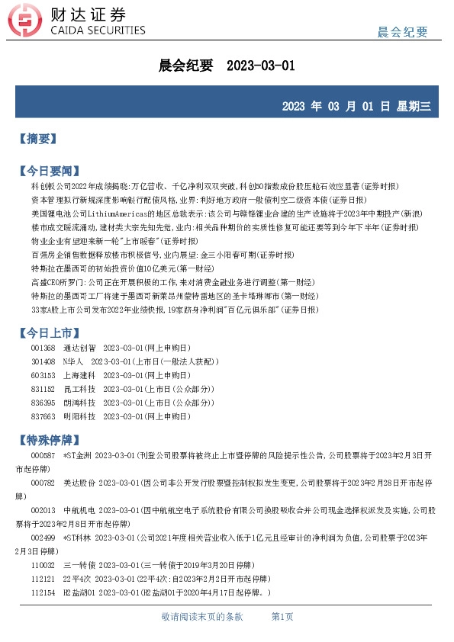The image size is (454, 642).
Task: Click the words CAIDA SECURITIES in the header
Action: click(x=97, y=30)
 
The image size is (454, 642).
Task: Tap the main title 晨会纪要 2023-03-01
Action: click(x=226, y=66)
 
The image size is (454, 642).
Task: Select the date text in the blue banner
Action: click(x=356, y=106)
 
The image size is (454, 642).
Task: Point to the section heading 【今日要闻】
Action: click(x=48, y=170)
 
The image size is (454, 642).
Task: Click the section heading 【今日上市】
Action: click(x=48, y=332)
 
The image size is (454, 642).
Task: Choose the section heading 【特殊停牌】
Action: click(x=48, y=441)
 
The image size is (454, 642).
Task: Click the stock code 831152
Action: click(x=43, y=389)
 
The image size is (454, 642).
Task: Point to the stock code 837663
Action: click(x=43, y=416)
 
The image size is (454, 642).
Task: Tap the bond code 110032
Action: click(x=43, y=565)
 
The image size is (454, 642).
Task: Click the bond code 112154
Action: click(x=43, y=592)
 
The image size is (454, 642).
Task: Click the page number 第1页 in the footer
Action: click(x=283, y=616)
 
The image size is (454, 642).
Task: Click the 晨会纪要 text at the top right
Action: click(x=403, y=31)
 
